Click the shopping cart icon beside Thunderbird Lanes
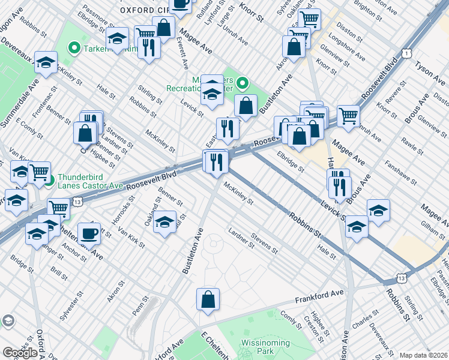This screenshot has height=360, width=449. coord(40,172)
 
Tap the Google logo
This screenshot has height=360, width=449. coord(20,353)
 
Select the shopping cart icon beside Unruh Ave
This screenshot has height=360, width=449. coord(348,115)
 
